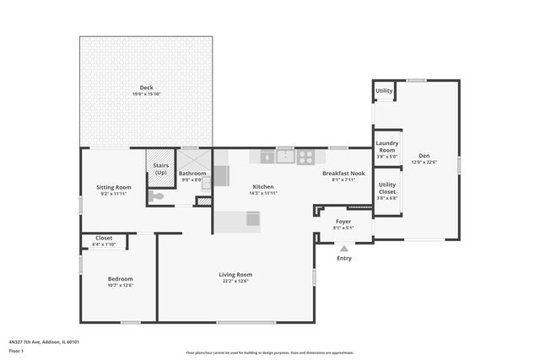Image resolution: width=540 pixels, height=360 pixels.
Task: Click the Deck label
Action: (x=146, y=87)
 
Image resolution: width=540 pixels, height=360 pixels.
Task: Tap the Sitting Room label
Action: (x=113, y=187)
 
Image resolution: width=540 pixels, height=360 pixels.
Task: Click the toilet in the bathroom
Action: (x=157, y=196)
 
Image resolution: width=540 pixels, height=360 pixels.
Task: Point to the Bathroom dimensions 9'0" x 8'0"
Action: (x=192, y=180)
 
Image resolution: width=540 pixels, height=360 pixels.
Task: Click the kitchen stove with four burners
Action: (x=306, y=156)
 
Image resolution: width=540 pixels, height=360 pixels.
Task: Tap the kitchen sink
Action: (x=286, y=156)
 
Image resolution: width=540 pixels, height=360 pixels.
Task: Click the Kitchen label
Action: (x=264, y=186)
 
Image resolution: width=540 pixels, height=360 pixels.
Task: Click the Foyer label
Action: (x=343, y=221)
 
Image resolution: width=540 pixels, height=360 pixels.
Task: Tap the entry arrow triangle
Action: (x=343, y=248)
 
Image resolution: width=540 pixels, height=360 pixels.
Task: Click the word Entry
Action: (x=344, y=258)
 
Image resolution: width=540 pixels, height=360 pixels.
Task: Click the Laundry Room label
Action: (x=386, y=146)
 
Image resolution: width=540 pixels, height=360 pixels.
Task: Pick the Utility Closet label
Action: (x=387, y=187)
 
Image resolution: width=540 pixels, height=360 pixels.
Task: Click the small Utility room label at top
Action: (x=384, y=90)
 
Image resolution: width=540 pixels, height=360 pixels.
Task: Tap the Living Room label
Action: (x=236, y=274)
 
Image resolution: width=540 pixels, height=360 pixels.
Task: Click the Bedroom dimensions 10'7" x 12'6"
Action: (x=120, y=285)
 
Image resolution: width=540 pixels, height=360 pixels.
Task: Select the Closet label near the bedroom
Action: (x=103, y=238)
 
